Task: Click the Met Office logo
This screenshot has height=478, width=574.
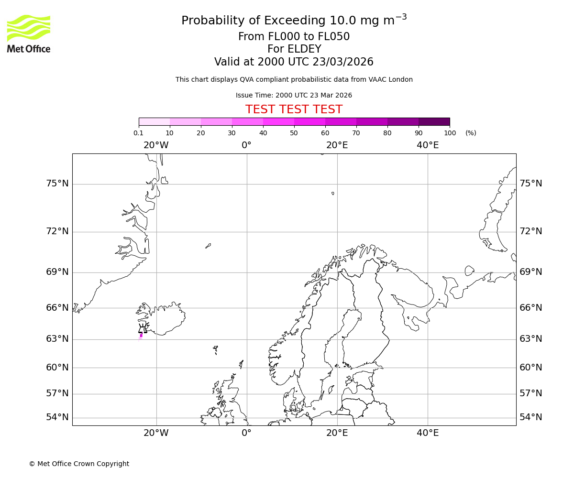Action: point(29,33)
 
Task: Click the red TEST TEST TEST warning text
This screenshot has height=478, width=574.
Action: point(294,110)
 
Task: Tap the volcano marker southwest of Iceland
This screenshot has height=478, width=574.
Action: point(143,329)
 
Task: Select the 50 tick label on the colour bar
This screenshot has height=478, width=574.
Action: point(294,133)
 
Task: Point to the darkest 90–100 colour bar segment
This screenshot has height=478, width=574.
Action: point(434,122)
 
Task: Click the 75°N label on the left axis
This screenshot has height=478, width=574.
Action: point(57,184)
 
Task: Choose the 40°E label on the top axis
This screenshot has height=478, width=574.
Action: point(428,145)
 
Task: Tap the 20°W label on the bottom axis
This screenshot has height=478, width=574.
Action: point(156,433)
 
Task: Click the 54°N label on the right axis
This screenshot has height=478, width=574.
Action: point(531,417)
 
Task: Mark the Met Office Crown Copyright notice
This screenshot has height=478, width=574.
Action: point(79,464)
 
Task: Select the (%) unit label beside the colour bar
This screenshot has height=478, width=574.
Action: point(471,133)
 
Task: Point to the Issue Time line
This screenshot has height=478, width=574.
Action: point(294,96)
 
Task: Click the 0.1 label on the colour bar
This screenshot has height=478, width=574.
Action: point(138,133)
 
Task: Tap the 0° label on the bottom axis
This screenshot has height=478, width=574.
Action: point(246,433)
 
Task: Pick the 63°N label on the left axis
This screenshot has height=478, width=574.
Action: point(57,339)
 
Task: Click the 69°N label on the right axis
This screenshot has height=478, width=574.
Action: point(531,272)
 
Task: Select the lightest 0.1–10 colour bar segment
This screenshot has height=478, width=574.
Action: point(154,122)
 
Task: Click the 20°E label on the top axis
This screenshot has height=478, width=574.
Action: point(337,145)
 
